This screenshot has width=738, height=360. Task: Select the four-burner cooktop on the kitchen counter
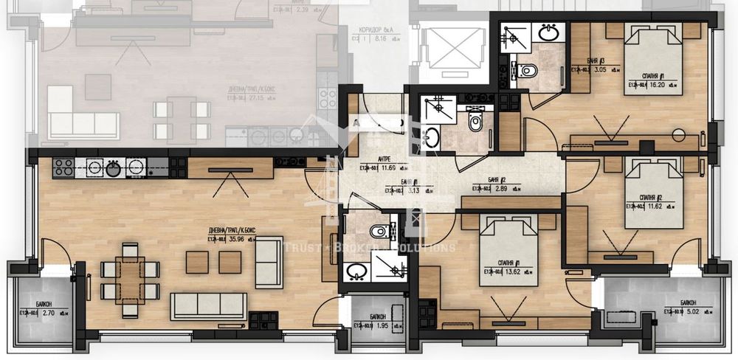(63, 167)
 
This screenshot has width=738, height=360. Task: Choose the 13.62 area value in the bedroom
(505, 272)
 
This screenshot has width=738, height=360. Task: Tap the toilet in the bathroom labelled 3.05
(526, 71)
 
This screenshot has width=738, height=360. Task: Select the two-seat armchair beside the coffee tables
(269, 262)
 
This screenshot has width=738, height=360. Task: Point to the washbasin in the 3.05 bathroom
(547, 33)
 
